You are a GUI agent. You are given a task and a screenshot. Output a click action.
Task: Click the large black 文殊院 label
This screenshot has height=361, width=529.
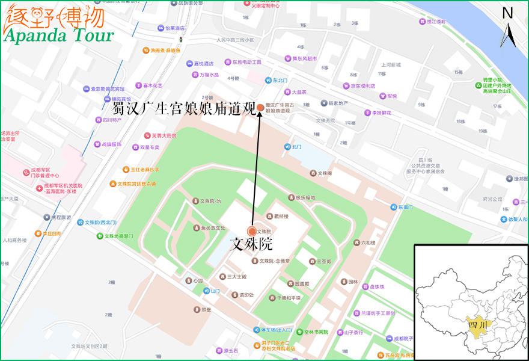tap(252, 244)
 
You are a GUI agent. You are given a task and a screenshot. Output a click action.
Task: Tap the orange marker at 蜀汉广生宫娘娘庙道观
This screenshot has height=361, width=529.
tap(260, 108)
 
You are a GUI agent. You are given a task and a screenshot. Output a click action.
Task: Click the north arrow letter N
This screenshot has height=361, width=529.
tap(508, 13)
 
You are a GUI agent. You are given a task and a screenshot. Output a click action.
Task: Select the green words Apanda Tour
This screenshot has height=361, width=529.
tap(59, 35)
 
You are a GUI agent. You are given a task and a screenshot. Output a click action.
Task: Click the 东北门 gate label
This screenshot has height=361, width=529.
tap(280, 80)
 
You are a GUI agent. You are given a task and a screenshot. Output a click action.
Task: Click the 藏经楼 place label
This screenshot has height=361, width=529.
tap(281, 216)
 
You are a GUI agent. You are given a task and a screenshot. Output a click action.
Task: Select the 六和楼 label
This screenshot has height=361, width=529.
tap(368, 243)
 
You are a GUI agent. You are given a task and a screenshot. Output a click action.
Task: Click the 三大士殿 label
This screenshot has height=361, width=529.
tap(236, 277)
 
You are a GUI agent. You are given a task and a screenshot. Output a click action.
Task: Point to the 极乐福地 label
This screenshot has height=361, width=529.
tap(305, 197)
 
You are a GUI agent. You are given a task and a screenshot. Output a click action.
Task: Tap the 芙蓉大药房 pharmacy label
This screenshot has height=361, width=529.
tap(164, 135)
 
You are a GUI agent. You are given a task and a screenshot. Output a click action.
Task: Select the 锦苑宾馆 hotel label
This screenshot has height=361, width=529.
tap(121, 99)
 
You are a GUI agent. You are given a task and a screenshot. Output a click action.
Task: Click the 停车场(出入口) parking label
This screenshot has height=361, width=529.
tap(276, 330)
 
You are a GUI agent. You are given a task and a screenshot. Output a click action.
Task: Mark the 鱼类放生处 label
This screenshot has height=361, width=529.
tap(213, 228)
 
